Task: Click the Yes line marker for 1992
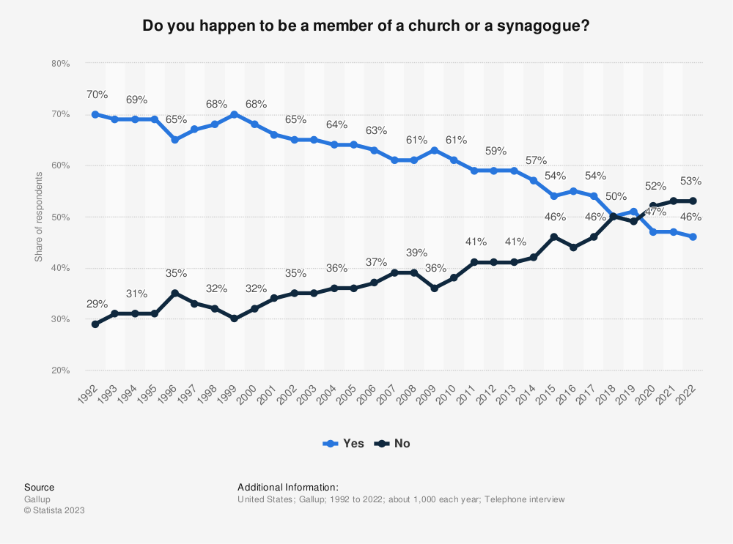point(95,114)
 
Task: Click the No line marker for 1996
point(175,293)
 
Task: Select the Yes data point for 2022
point(693,236)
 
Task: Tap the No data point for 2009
point(434,288)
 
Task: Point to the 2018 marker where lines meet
point(613,217)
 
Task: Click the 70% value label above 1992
point(97,94)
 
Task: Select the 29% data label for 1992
point(97,304)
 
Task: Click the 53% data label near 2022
point(690,181)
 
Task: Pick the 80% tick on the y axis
point(60,64)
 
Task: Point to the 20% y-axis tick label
point(60,370)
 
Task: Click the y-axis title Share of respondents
point(38,217)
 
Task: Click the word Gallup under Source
point(37,499)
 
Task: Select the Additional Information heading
point(287,487)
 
